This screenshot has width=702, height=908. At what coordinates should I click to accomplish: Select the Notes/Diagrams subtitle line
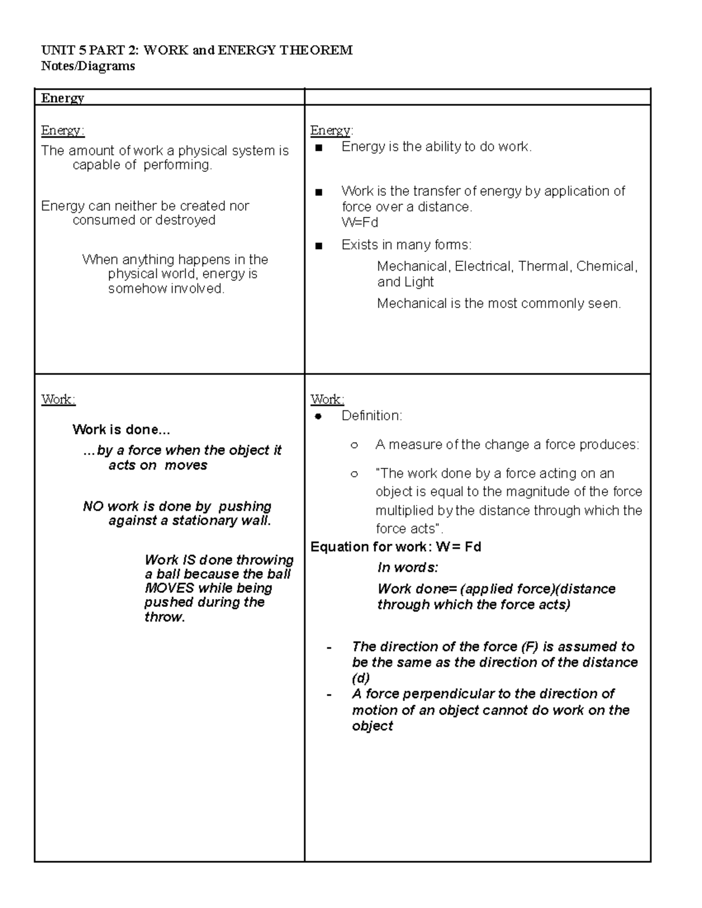(x=88, y=66)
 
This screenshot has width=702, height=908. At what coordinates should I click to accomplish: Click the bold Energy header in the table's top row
(x=63, y=98)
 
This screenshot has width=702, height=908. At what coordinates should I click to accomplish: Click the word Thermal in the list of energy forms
(x=543, y=267)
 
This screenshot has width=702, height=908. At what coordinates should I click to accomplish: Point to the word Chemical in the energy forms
(x=606, y=267)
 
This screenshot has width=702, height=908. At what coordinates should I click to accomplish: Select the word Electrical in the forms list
(x=482, y=267)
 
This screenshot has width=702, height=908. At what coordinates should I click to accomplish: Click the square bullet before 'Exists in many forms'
(x=318, y=246)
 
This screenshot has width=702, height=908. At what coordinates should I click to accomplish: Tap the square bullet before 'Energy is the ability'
(x=318, y=147)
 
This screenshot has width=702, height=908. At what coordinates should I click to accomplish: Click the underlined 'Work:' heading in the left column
(x=58, y=399)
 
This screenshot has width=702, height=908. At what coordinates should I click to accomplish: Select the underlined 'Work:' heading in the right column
(x=327, y=399)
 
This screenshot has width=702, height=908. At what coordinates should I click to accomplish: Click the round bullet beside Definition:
(x=318, y=416)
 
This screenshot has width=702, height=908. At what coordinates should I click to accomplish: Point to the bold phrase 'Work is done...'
(x=121, y=430)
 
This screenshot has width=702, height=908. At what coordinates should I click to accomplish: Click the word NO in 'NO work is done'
(x=93, y=506)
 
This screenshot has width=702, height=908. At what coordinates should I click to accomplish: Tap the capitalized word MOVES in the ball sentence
(x=169, y=588)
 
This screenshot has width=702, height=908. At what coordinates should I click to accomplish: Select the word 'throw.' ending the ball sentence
(x=164, y=617)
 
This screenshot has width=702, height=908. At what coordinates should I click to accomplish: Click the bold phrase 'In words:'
(x=408, y=568)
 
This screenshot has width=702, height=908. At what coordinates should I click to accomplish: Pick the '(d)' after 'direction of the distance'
(x=360, y=678)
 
